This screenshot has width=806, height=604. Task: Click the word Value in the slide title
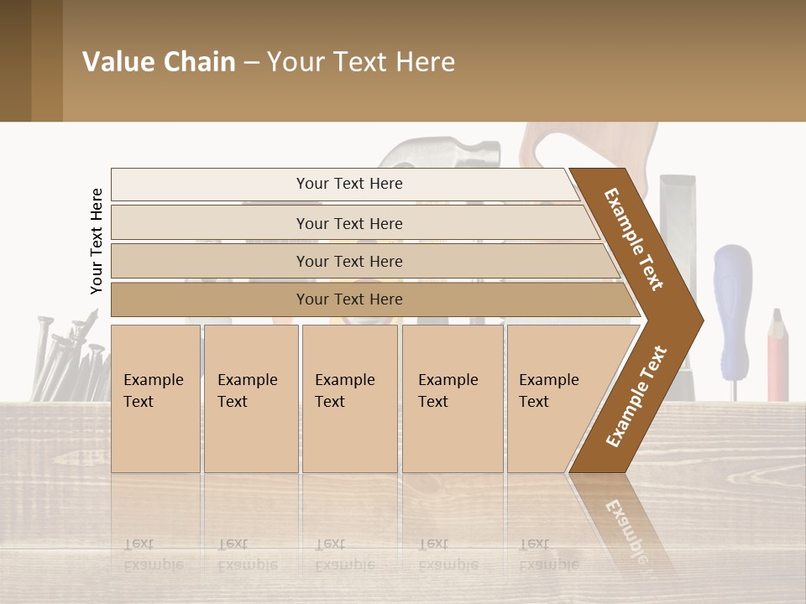[117, 62]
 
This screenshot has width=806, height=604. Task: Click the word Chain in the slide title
[199, 62]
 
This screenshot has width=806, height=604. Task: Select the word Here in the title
[424, 62]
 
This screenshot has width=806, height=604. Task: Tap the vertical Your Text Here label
[97, 242]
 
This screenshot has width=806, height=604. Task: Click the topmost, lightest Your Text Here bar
[348, 184]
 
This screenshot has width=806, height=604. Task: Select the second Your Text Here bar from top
[348, 223]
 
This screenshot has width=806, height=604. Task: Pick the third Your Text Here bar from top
[348, 261]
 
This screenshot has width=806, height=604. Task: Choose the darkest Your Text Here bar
[348, 299]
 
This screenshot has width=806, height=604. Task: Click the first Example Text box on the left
[155, 398]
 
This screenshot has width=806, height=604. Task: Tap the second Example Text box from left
[250, 398]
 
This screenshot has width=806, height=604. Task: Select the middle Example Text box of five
[349, 398]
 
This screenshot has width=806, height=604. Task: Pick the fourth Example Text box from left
[452, 398]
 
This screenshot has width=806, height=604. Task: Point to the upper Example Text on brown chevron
[634, 239]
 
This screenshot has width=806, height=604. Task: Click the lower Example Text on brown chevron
[636, 397]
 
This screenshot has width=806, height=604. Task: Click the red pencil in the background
[777, 356]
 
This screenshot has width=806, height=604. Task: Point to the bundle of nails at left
[67, 357]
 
